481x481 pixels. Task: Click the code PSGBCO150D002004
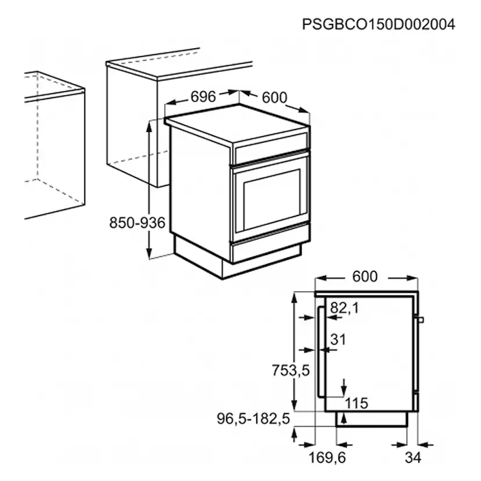(379, 24)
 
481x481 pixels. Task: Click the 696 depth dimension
(203, 96)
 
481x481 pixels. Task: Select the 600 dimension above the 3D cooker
(275, 98)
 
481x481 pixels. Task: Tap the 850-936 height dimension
(137, 222)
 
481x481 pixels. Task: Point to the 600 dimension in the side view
(365, 277)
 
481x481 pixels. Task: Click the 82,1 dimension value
(344, 308)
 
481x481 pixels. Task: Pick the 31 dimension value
(338, 339)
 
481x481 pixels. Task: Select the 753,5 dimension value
(291, 371)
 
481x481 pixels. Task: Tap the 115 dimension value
(357, 403)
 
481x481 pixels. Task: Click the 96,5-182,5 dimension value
(253, 418)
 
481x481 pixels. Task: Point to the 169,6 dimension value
(327, 458)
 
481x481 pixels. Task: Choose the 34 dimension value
(413, 458)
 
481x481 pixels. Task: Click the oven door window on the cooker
(272, 200)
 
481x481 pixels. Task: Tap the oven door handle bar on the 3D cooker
(270, 157)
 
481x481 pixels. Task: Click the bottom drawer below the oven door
(267, 246)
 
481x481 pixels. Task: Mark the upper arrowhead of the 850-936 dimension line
(149, 127)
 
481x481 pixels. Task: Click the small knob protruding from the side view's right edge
(421, 320)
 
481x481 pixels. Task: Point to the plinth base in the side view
(372, 419)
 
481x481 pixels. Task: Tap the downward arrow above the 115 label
(344, 387)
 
